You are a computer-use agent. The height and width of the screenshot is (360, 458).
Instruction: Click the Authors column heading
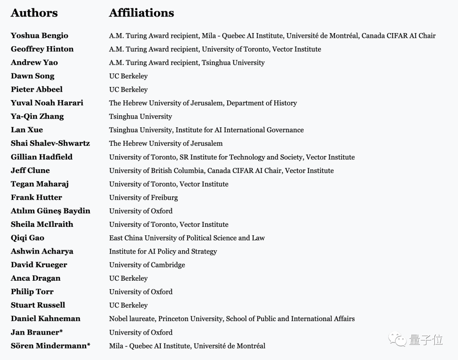(34, 13)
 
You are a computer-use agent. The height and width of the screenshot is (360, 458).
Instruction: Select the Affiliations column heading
(141, 13)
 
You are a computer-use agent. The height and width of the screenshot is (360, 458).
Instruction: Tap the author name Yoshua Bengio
(39, 36)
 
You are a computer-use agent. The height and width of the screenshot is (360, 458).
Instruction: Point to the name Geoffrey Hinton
(42, 49)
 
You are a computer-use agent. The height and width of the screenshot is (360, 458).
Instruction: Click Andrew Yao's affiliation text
(187, 63)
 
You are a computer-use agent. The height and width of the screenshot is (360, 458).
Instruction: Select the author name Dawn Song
(33, 76)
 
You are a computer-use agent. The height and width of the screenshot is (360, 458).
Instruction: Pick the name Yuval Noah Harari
(47, 103)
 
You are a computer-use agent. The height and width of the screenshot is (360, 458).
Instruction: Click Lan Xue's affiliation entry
(206, 130)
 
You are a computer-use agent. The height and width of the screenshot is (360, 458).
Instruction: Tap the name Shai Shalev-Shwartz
(50, 143)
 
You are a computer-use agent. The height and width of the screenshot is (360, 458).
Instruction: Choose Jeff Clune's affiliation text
(221, 170)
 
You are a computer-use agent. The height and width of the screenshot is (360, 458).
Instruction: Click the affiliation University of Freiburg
(143, 198)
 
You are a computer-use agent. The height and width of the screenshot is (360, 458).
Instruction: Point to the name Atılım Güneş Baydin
(50, 211)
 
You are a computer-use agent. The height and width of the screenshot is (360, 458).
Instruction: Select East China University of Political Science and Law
(187, 238)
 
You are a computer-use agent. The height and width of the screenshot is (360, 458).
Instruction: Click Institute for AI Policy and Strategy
(163, 251)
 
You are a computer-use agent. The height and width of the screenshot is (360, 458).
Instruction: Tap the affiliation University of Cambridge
(147, 265)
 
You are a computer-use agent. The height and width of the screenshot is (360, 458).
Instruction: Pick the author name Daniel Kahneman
(45, 319)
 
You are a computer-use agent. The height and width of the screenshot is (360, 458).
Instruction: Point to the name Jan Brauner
(35, 332)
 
